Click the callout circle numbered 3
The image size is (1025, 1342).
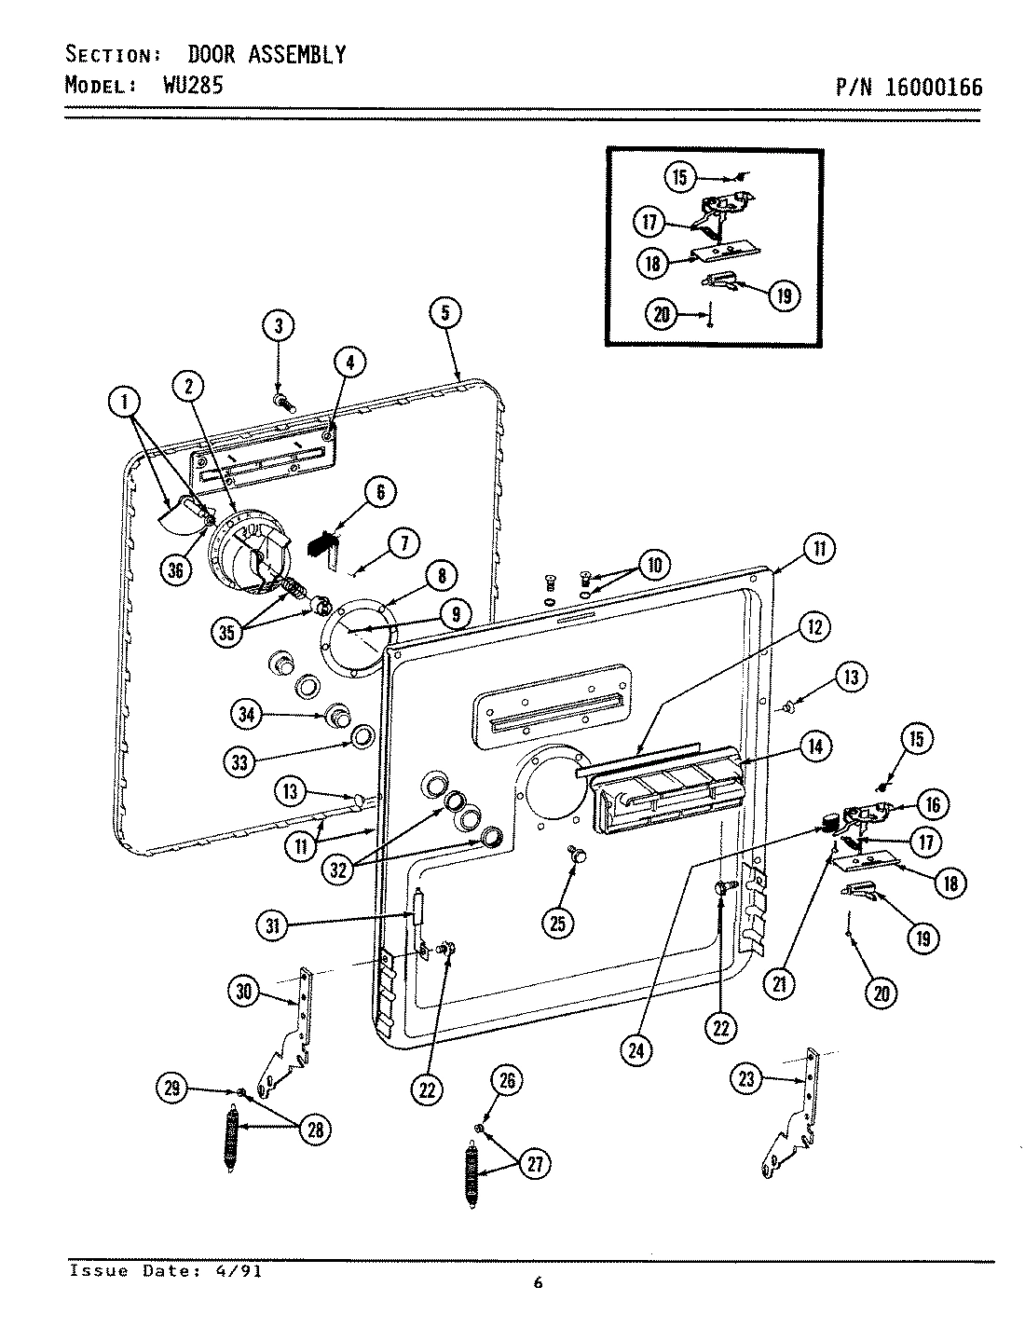(x=278, y=326)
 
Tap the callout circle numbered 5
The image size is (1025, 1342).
(x=445, y=313)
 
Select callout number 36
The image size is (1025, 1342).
(x=175, y=570)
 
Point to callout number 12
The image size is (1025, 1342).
(x=814, y=627)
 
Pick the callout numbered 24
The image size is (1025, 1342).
(x=637, y=1048)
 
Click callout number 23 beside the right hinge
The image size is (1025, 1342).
(x=747, y=1079)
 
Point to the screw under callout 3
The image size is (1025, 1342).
(x=283, y=402)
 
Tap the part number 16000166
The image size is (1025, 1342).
(x=934, y=88)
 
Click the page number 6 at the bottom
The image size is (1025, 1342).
(x=538, y=1283)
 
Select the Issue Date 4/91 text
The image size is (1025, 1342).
(x=165, y=1271)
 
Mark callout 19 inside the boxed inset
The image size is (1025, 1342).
(x=783, y=296)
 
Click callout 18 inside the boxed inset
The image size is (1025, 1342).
(x=652, y=264)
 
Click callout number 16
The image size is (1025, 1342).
(x=932, y=803)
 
